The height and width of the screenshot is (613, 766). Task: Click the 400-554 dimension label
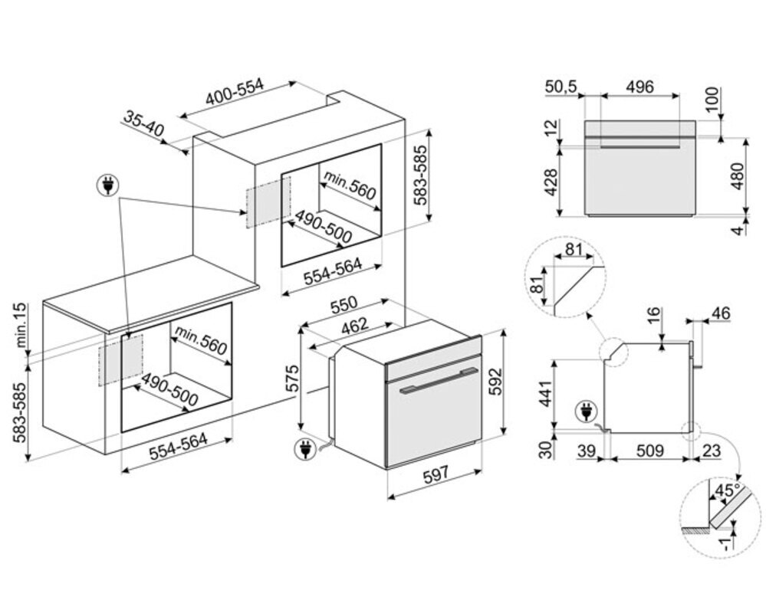click(x=235, y=92)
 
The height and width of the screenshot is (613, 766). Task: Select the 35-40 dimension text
click(x=143, y=123)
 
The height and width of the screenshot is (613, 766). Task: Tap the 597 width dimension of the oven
click(x=436, y=474)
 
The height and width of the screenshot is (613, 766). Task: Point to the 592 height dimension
click(x=495, y=382)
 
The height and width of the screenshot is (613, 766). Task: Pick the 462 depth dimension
click(x=354, y=326)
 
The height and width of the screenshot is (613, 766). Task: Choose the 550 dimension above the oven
click(x=344, y=305)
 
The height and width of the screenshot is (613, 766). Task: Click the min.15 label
click(x=21, y=325)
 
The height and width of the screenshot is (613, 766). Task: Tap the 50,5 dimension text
click(x=561, y=87)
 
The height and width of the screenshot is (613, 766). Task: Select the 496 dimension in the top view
click(x=639, y=87)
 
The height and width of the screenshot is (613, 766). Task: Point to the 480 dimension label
click(x=737, y=176)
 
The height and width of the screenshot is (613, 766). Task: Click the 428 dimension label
click(x=551, y=182)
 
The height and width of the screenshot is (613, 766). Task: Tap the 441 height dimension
click(x=546, y=393)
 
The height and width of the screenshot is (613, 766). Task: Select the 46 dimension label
click(x=721, y=313)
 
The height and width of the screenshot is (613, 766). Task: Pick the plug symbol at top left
click(x=108, y=185)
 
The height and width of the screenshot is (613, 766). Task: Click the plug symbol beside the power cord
click(x=305, y=449)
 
